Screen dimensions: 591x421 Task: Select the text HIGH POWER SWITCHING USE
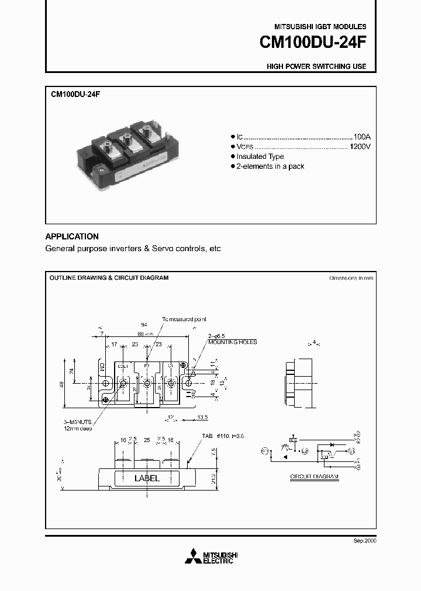[x=316, y=67]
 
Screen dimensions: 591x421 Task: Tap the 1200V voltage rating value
[x=360, y=146]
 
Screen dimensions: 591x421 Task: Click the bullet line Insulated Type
[x=260, y=157]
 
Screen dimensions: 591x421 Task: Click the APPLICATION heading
[x=72, y=237]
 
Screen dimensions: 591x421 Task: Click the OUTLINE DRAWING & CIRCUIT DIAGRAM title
[x=109, y=278]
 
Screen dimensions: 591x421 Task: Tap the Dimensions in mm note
[x=350, y=278]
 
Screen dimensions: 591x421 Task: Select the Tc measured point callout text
[x=184, y=319]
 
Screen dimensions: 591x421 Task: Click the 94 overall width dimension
[x=144, y=324]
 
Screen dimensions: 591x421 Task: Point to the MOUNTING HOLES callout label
[x=232, y=342]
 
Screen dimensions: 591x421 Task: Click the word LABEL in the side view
[x=147, y=478]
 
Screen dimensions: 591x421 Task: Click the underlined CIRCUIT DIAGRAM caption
[x=315, y=477]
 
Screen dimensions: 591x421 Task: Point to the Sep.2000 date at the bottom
[x=365, y=541]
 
